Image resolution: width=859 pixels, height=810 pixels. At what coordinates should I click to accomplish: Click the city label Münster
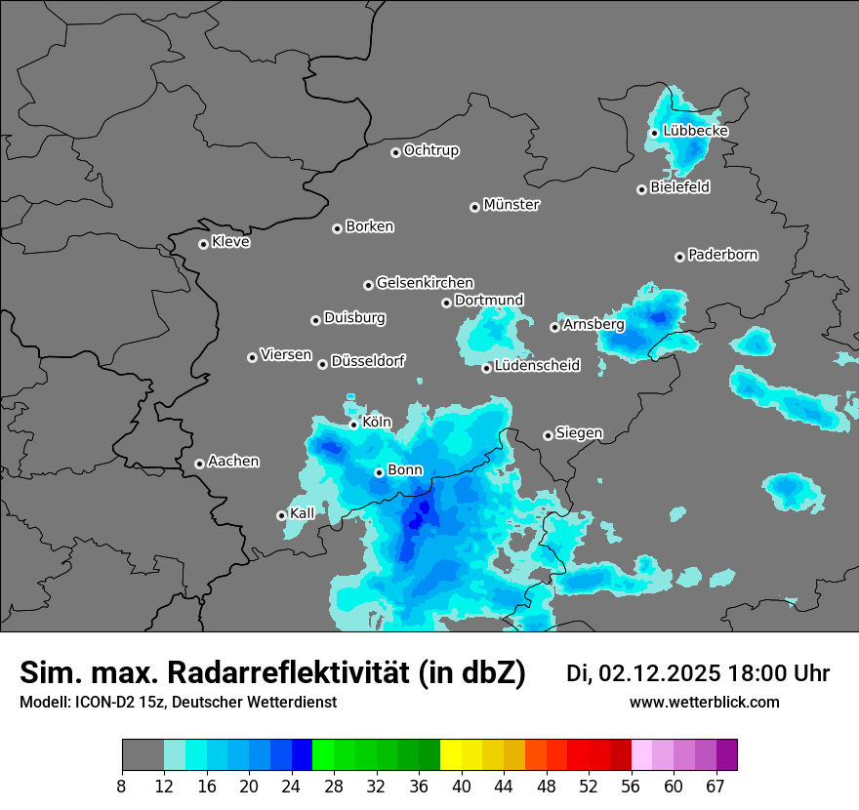point(511,205)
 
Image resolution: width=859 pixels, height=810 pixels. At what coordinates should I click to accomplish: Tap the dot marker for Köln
point(353,425)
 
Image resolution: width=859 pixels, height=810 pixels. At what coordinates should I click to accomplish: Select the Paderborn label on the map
point(723,255)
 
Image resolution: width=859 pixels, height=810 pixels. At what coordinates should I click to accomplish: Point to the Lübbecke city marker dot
point(654,133)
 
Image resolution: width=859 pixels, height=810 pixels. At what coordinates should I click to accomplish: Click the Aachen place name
point(233,462)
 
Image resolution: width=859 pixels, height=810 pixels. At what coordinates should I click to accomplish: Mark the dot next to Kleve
point(203,244)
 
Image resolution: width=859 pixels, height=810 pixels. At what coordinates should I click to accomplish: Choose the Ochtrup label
point(431,150)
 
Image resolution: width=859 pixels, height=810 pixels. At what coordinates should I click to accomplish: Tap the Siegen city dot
point(548,435)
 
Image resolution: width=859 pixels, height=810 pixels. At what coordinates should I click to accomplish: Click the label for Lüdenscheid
point(537,366)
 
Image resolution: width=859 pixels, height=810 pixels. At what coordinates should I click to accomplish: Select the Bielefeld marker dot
point(641,189)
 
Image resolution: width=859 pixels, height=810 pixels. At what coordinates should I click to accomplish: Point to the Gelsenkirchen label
point(425,283)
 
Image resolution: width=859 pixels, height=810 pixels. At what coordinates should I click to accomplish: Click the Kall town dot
point(281,515)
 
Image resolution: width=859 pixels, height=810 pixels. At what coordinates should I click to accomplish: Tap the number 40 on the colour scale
point(462,785)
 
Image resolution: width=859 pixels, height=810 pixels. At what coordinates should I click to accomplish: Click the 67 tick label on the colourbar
point(716,785)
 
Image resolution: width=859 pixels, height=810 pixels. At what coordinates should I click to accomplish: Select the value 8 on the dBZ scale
point(122,785)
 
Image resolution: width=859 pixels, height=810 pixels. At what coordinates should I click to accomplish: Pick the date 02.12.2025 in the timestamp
point(660,673)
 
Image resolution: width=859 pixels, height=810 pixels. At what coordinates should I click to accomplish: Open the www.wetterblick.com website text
point(705,703)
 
